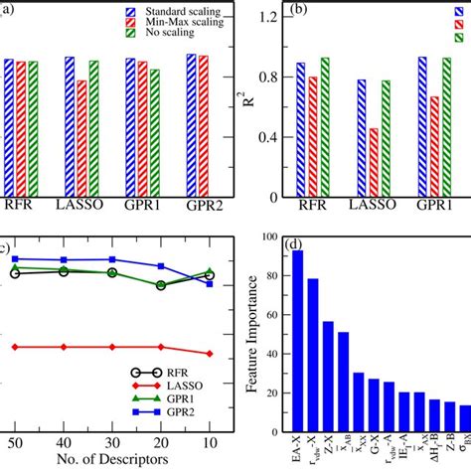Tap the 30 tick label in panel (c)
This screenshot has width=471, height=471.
(x=112, y=441)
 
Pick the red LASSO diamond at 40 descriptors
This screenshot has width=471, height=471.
(x=64, y=347)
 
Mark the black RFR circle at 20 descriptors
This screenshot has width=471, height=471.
(x=161, y=285)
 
